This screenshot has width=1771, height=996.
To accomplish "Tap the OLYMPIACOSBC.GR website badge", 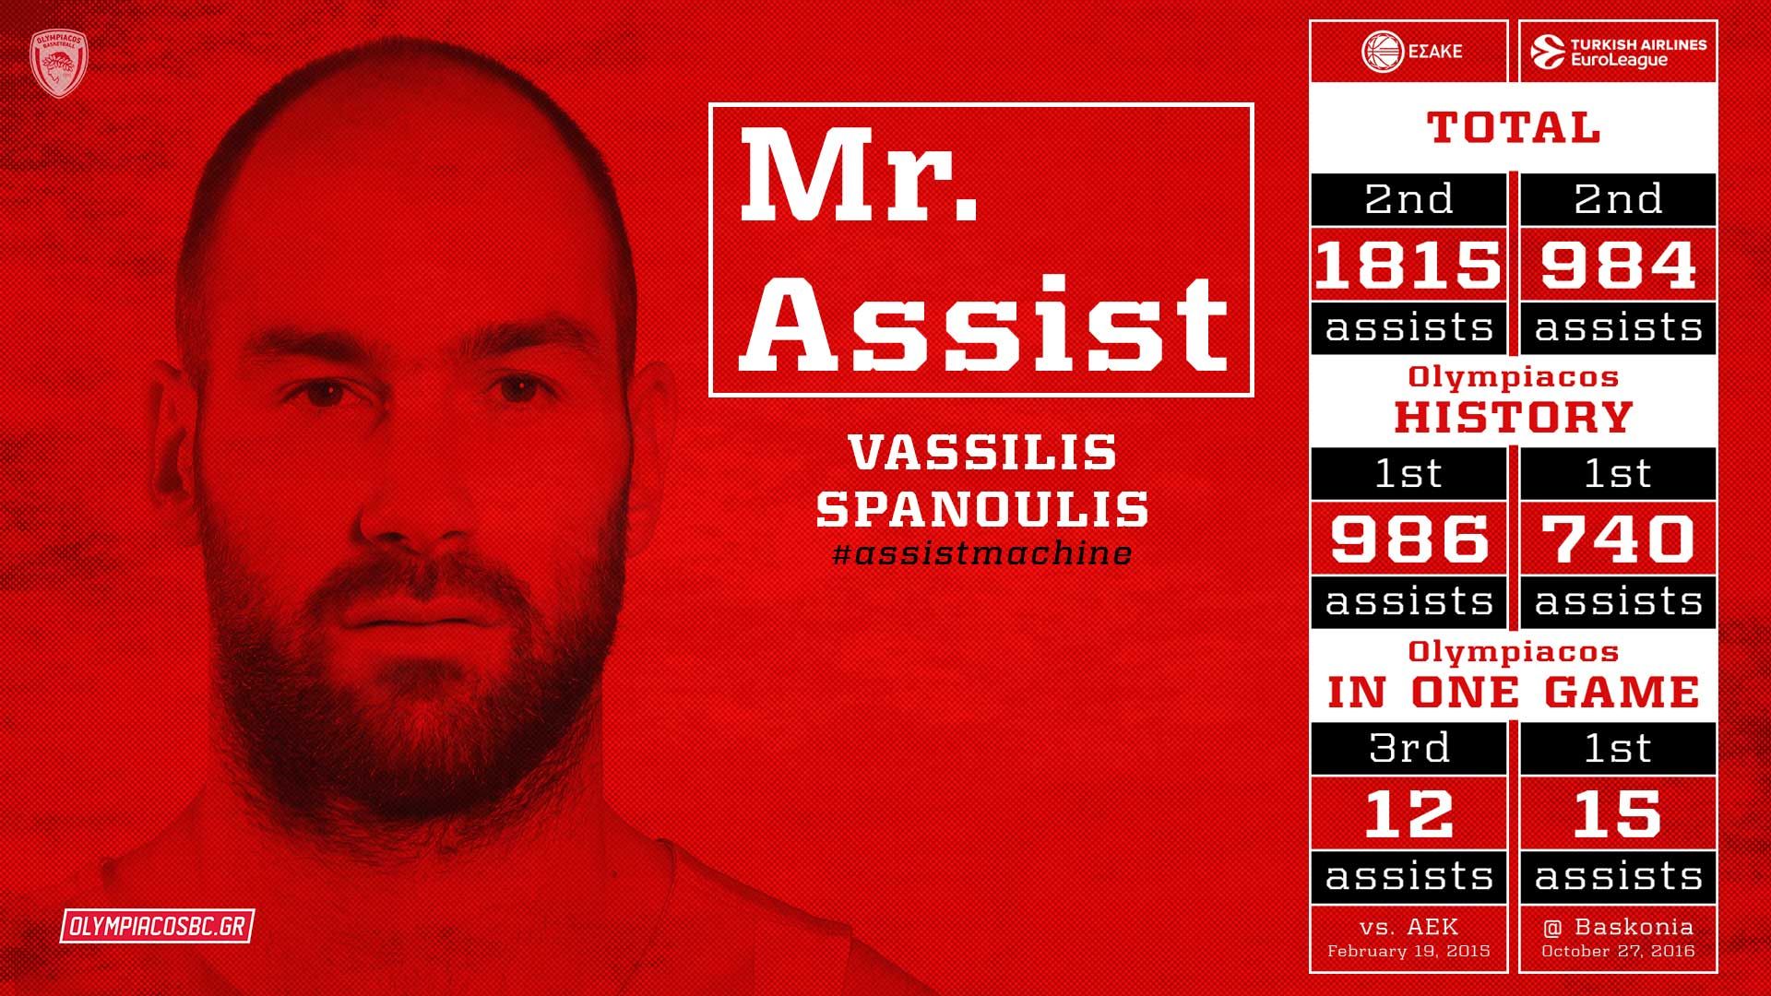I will point(157,926).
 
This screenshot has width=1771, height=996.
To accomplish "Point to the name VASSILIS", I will point(982,453).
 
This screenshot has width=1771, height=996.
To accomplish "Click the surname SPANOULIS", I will point(982,508).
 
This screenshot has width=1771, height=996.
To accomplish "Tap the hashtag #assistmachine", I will point(981,553).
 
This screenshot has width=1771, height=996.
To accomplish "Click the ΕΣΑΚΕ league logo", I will point(1410,52).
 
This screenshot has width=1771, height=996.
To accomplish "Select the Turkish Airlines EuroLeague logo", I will point(1619,52).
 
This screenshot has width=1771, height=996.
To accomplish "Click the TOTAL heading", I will point(1514,127).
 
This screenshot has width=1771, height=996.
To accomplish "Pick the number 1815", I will point(1408,265).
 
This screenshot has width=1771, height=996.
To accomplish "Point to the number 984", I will point(1618,265).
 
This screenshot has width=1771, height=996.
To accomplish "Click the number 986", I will point(1408,539).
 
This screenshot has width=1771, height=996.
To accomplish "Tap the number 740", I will point(1618,539).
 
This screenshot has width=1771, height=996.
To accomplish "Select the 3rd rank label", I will point(1408,747).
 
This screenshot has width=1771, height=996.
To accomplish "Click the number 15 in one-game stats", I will point(1618,813).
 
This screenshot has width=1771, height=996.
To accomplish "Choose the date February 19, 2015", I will point(1408,951).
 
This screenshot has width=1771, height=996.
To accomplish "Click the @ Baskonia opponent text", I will point(1618,927).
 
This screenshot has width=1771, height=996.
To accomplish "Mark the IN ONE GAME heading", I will point(1514,693).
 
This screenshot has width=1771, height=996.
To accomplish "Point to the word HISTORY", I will point(1514,417).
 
